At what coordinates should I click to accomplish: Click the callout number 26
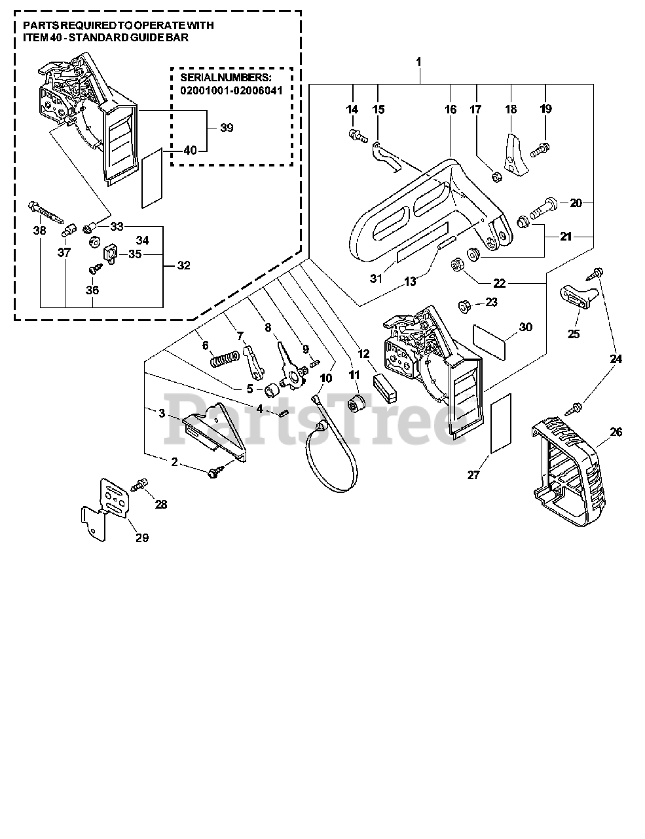coord(616,432)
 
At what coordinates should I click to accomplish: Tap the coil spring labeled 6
coord(222,360)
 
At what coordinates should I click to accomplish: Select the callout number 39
coord(227,128)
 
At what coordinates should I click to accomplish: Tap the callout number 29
coord(141,538)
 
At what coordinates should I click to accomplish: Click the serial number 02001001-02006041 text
coord(231,90)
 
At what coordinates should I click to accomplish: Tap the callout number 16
coord(451,109)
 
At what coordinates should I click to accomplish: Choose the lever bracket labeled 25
coord(580,296)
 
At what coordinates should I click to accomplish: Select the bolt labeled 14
coord(354,134)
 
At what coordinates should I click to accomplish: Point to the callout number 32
coord(184,265)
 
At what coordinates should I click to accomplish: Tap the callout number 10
coord(326,378)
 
